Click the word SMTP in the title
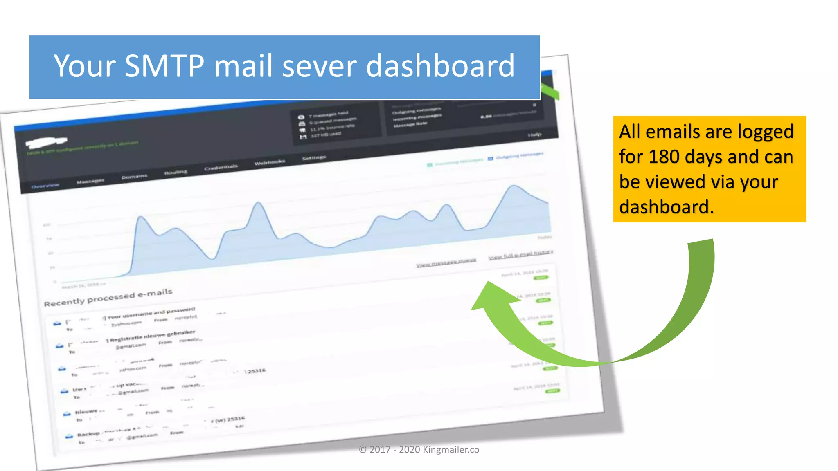[x=164, y=66]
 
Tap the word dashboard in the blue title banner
[x=440, y=66]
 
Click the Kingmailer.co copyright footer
[x=419, y=449]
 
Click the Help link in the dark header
[x=534, y=135]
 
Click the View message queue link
[x=446, y=262]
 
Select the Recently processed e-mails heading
[x=108, y=298]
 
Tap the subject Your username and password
[x=151, y=313]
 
